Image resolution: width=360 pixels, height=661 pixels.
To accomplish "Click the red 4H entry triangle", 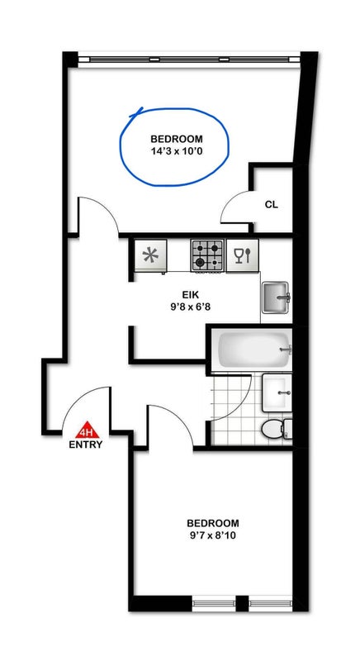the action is click(88, 430).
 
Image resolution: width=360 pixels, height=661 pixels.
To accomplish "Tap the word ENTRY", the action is click(86, 445).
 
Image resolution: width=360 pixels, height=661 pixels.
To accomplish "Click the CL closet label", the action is click(271, 205).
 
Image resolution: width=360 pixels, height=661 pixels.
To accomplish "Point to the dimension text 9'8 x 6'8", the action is click(188, 307).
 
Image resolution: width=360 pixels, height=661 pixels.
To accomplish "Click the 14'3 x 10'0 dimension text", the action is click(177, 151).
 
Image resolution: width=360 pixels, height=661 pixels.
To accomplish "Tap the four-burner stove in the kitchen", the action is click(206, 255).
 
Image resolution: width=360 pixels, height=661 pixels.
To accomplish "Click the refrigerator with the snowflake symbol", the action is click(150, 256).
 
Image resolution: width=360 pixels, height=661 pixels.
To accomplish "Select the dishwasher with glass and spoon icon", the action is click(242, 255).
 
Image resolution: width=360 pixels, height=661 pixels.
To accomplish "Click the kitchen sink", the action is click(276, 297).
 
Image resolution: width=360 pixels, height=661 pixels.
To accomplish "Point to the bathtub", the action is click(252, 350).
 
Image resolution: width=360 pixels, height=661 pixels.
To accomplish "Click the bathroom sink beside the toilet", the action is click(277, 393).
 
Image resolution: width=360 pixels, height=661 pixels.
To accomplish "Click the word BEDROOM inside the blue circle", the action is click(177, 139).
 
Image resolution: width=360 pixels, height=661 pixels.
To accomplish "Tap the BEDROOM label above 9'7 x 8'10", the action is click(213, 524).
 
